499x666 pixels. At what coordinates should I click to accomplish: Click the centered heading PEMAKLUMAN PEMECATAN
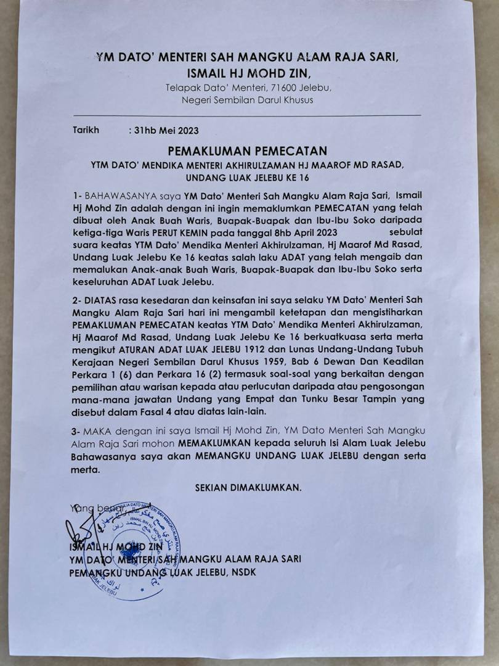click(249, 151)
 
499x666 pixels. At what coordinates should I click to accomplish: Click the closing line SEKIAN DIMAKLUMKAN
click(248, 487)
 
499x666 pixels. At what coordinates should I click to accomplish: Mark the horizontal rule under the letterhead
click(247, 115)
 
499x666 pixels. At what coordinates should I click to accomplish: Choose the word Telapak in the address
click(183, 88)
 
